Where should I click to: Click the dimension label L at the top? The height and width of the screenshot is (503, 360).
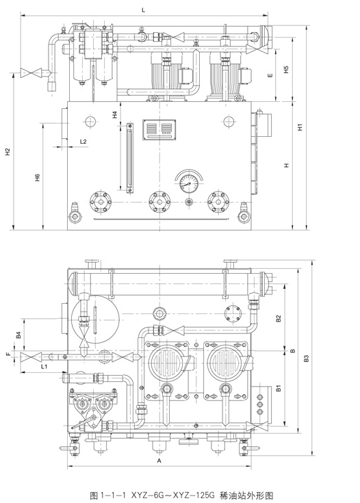144,10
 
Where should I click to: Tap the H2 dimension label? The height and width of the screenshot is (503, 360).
8,152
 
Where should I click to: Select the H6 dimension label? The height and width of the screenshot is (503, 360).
37,177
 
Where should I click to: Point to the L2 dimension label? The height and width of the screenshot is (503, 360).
83,142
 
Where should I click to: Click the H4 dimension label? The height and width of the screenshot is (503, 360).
115,114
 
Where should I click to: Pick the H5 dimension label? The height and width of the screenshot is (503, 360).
287,69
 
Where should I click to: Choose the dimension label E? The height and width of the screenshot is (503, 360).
270,75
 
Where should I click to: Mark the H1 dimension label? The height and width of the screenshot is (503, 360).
300,127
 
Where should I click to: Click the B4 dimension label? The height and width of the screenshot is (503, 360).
18,335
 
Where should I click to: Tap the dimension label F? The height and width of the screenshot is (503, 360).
9,354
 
